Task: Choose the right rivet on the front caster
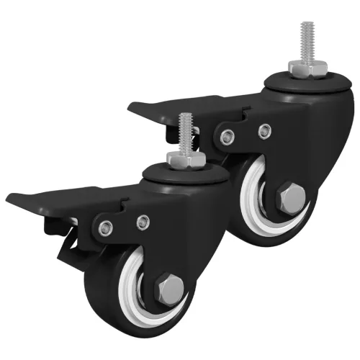tap(143, 222)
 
